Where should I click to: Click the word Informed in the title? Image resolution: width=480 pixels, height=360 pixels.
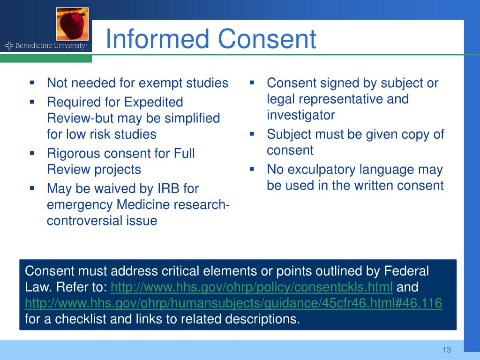[157, 38]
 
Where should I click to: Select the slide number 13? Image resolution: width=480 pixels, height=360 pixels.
[446, 350]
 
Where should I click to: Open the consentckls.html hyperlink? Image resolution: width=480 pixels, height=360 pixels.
[252, 287]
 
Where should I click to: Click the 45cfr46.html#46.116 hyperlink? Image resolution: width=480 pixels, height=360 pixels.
[233, 303]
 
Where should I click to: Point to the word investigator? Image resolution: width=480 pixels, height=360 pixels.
[301, 115]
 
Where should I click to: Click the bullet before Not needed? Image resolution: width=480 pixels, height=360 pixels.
[32, 82]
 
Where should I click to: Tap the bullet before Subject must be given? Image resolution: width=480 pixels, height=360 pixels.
[252, 134]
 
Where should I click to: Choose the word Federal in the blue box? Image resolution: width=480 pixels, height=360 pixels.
[406, 271]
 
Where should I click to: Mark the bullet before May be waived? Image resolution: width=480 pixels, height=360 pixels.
[32, 188]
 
